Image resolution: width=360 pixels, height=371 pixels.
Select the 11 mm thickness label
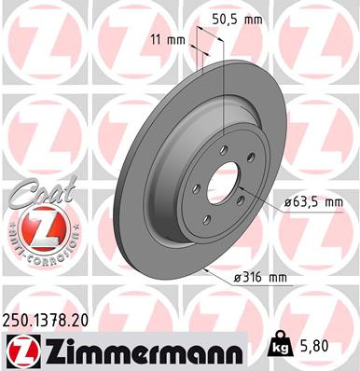[168, 38]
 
